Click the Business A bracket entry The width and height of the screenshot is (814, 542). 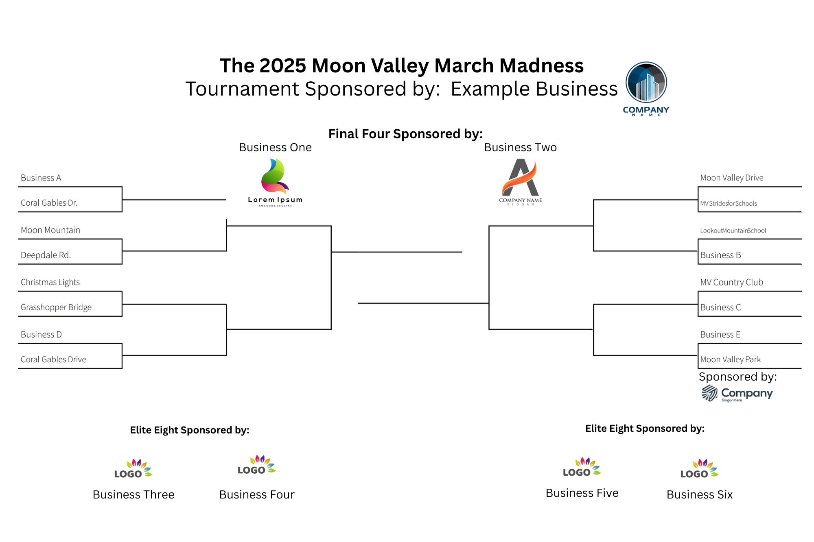click(x=41, y=178)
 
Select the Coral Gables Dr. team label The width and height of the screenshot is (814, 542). click(x=49, y=202)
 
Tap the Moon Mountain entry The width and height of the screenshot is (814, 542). click(x=50, y=230)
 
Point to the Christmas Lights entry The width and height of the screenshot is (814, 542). click(x=50, y=282)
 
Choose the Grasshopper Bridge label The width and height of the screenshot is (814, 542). click(x=56, y=307)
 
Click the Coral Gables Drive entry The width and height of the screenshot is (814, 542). click(x=53, y=359)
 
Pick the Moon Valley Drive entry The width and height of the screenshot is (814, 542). click(x=732, y=178)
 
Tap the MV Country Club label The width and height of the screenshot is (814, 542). click(x=732, y=282)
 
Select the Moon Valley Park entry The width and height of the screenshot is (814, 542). click(x=731, y=359)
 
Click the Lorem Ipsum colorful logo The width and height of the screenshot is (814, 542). click(x=276, y=183)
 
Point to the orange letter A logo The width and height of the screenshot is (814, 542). click(x=521, y=182)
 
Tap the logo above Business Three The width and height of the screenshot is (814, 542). click(x=133, y=468)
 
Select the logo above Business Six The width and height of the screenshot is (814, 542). click(x=700, y=468)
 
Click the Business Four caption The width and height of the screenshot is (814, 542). click(x=257, y=494)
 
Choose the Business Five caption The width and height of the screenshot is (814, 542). click(x=582, y=493)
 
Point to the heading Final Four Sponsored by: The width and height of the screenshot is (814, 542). click(x=405, y=134)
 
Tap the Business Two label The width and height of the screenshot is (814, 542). click(x=521, y=147)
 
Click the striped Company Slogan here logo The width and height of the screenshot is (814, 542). click(x=737, y=393)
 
